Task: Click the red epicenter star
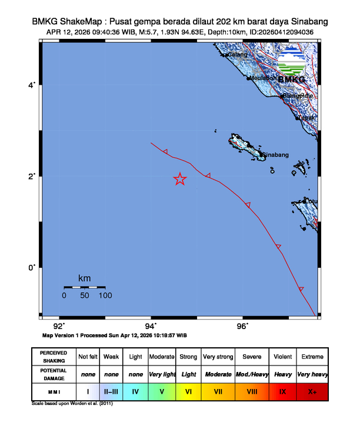(x=180, y=180)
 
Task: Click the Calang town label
(x=238, y=55)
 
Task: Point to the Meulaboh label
(x=263, y=78)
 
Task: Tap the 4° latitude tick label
(x=33, y=86)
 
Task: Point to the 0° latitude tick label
(x=33, y=267)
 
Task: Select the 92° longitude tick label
(x=59, y=326)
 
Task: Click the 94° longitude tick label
(x=151, y=326)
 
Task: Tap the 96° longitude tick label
(x=242, y=326)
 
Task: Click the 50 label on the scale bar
(x=85, y=295)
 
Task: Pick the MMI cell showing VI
(x=189, y=390)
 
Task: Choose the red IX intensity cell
(x=282, y=390)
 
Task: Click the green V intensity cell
(x=161, y=390)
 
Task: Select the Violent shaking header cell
(x=282, y=357)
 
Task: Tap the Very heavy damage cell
(x=312, y=374)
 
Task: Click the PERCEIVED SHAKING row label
(x=53, y=357)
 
